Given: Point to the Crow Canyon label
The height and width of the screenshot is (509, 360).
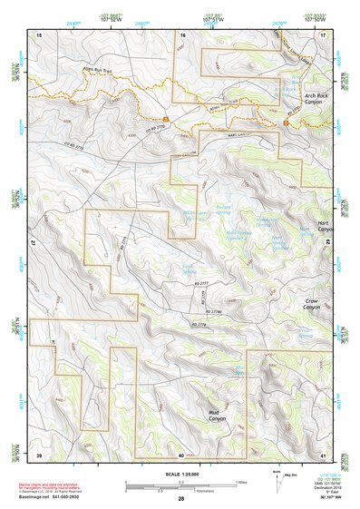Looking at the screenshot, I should point(316,305).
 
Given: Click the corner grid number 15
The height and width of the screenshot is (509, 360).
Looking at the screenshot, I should point(38,34).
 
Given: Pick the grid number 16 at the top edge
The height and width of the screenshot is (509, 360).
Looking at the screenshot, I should point(182,34).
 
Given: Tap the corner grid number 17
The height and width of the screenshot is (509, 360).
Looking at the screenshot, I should point(323,34).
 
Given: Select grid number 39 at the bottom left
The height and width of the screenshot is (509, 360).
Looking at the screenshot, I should point(38,454).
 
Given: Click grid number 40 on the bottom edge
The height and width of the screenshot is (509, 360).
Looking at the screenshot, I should point(181,454).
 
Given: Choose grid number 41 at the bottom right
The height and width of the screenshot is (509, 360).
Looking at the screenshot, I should point(323,454).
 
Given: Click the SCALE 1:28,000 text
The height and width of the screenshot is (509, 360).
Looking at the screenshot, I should point(180,476).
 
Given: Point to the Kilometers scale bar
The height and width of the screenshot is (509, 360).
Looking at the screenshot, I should point(180,490).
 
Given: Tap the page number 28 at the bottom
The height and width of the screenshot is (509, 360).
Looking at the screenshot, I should point(180,499).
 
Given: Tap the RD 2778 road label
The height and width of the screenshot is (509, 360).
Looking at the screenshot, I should point(199,324).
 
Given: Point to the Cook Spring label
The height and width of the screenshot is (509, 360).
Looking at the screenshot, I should point(188,268).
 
